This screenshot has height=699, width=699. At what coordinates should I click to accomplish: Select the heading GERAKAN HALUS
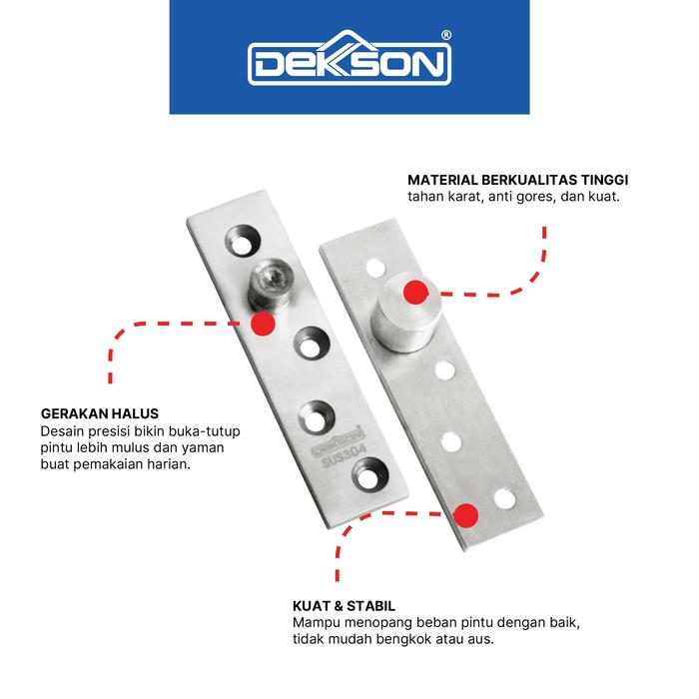99,412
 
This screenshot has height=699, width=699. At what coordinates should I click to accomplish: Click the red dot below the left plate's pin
264,323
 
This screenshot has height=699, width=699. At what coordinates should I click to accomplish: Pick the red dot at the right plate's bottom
464,513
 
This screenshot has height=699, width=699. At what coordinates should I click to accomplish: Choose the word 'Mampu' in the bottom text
316,623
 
